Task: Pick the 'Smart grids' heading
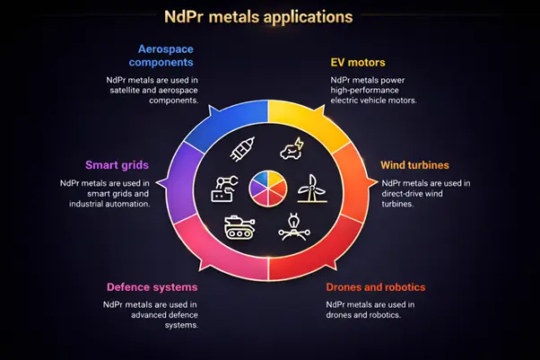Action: coord(117,165)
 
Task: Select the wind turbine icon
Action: coord(308,187)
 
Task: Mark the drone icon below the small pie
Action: coord(292,224)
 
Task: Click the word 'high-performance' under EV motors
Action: coord(366,91)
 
